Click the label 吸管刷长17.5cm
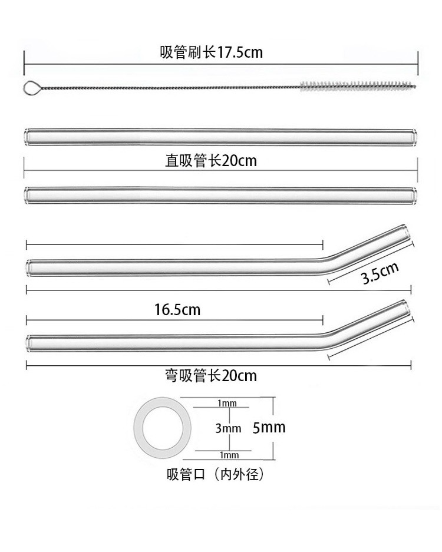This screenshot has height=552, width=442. click(211, 52)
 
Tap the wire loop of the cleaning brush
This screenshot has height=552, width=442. click(32, 88)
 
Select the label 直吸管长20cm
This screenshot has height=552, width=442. click(211, 161)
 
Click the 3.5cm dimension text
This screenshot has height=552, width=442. click(380, 275)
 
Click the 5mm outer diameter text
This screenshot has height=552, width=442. click(269, 427)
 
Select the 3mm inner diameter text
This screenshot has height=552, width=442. click(228, 428)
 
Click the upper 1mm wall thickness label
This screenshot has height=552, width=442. click(227, 404)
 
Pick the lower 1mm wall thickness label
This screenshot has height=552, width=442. click(227, 455)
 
